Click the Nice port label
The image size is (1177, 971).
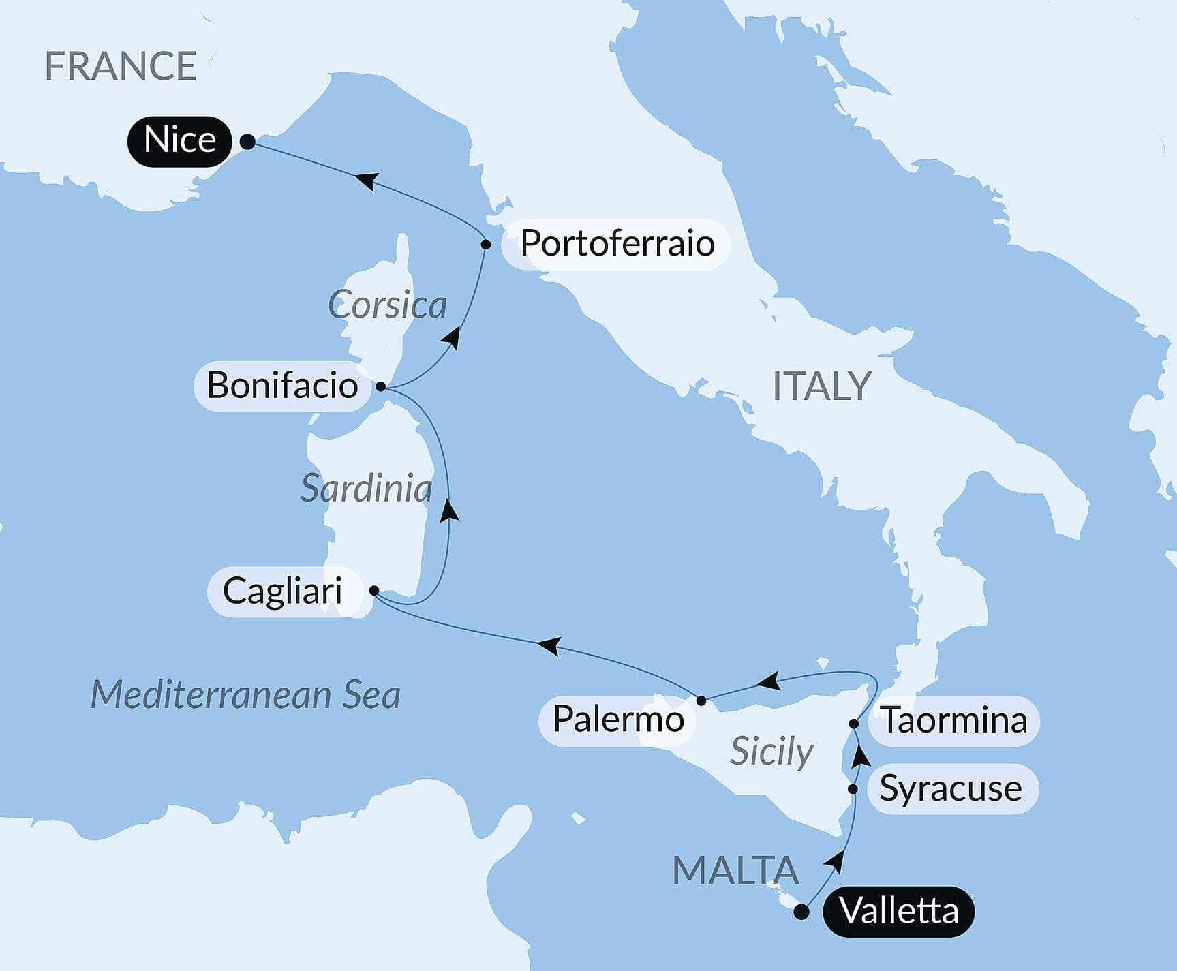[x=180, y=141]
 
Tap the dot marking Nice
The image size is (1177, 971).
[x=248, y=142]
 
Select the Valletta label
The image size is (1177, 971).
[x=899, y=911]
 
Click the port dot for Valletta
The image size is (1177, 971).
[x=802, y=912]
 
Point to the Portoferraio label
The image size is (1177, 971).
[x=617, y=244]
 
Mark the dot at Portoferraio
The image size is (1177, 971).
[x=486, y=244]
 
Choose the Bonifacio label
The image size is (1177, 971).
[x=282, y=386]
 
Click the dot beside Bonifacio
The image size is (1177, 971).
[x=381, y=386]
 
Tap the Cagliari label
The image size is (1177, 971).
[x=282, y=591]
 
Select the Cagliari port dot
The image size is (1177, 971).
[x=374, y=590]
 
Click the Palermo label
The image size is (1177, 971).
[x=617, y=720]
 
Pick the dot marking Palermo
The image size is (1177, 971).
[x=701, y=700]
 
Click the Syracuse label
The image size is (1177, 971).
[x=951, y=789]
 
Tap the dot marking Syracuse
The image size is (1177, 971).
[x=853, y=789]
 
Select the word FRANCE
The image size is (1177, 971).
[x=121, y=66]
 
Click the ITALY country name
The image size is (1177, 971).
[x=821, y=386]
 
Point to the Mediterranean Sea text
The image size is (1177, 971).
[x=245, y=695]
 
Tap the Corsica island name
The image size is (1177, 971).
[x=387, y=305]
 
